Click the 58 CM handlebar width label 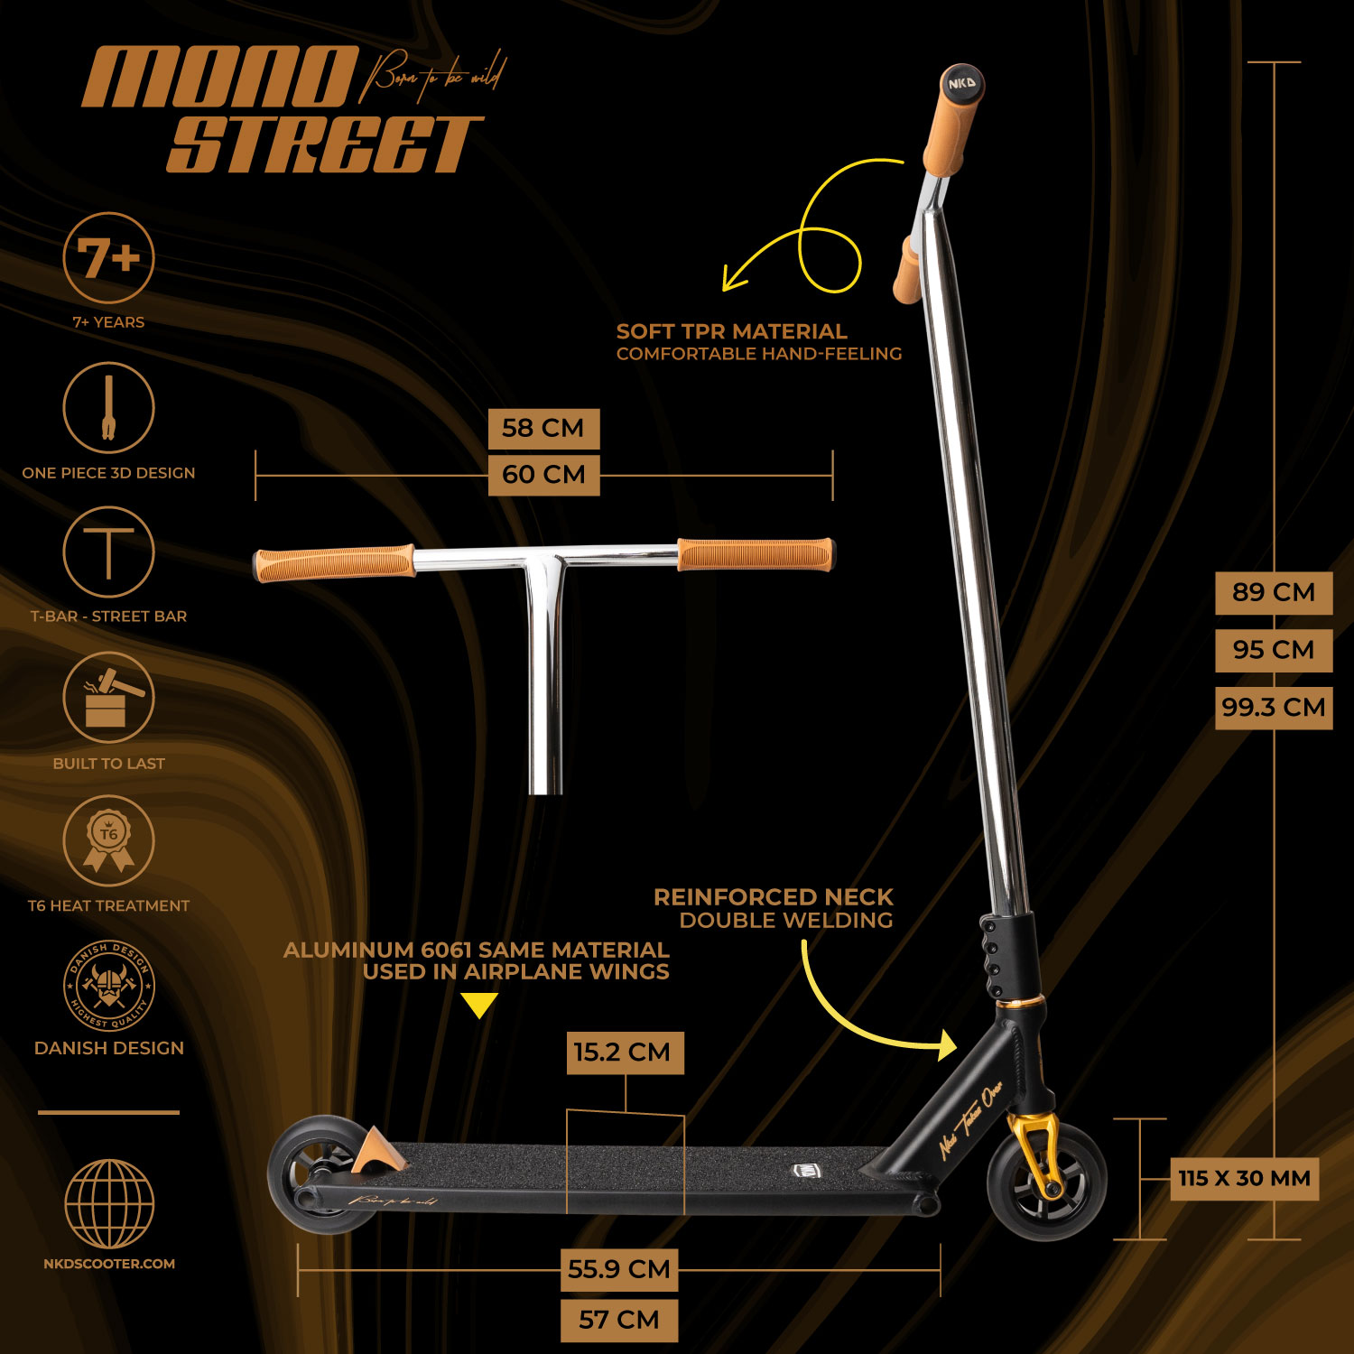543,428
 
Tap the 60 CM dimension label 543,475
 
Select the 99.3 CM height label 1273,708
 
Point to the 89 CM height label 1273,593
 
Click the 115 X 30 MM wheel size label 1244,1179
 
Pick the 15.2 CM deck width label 624,1053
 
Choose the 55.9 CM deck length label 618,1269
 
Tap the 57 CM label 618,1321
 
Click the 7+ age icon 108,258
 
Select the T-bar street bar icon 108,552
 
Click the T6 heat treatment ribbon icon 108,840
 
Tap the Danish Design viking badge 108,987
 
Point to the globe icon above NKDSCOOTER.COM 108,1204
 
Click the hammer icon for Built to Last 108,697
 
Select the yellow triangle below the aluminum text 478,1005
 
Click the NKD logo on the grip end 961,84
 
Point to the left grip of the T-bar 334,563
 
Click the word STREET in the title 325,144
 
